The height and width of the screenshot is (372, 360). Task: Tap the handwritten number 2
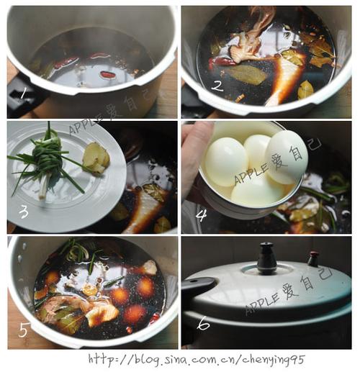coord(217,86)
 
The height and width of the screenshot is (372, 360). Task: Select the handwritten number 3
coord(24,212)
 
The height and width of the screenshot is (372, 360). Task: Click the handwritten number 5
coord(24,330)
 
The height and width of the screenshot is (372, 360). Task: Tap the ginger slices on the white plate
coord(96,158)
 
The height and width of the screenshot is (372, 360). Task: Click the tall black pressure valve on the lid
coord(267,258)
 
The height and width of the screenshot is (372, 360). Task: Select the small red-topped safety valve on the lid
coord(313,258)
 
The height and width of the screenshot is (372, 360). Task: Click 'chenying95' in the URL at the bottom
coord(274,360)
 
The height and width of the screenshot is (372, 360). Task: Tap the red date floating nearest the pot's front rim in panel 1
coord(106,73)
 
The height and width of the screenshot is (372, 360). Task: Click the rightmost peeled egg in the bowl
coord(287,157)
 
